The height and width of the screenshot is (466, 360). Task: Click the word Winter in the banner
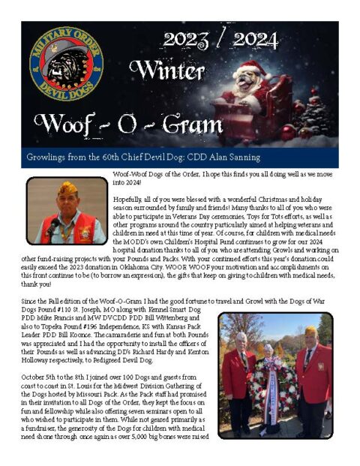[x=166, y=71]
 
